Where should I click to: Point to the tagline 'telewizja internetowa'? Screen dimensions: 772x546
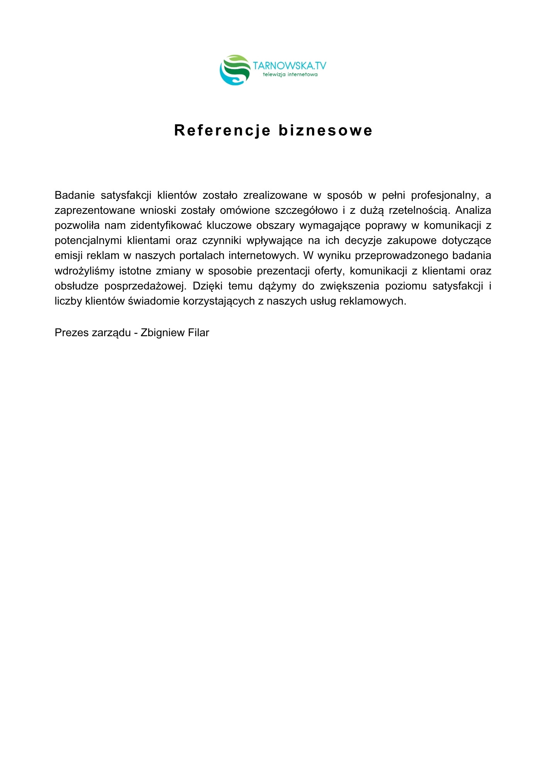[290, 74]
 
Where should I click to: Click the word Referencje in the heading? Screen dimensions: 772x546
[222, 130]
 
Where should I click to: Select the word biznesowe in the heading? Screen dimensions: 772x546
[325, 130]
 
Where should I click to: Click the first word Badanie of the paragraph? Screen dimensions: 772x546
[75, 195]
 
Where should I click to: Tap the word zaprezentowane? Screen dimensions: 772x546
[91, 210]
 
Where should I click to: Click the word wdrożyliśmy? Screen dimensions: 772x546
[84, 271]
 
